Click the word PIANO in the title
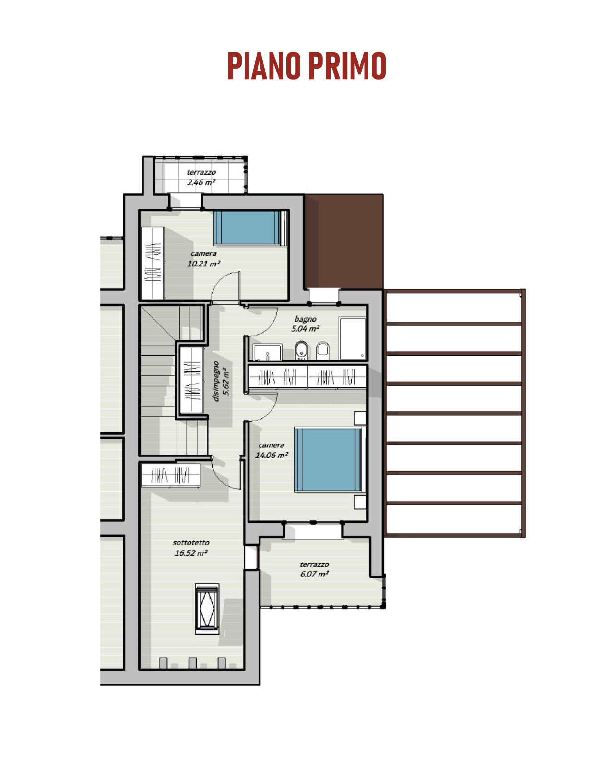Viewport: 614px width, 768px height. pyautogui.click(x=264, y=66)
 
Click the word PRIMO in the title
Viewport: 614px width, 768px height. pyautogui.click(x=347, y=66)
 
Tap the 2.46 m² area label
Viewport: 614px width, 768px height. pyautogui.click(x=201, y=182)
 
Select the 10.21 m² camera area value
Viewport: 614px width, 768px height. pyautogui.click(x=203, y=264)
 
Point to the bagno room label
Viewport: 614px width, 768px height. pyautogui.click(x=305, y=319)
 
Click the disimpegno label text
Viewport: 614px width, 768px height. pyautogui.click(x=215, y=381)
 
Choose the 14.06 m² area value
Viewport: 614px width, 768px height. pyautogui.click(x=272, y=455)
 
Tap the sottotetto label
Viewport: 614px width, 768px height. pyautogui.click(x=191, y=542)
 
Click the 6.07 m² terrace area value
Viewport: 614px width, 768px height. pyautogui.click(x=314, y=574)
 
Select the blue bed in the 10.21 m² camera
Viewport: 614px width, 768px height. pyautogui.click(x=250, y=228)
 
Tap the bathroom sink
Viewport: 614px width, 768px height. pyautogui.click(x=268, y=352)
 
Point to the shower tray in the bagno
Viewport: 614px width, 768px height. pyautogui.click(x=353, y=338)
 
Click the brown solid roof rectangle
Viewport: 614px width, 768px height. pyautogui.click(x=344, y=241)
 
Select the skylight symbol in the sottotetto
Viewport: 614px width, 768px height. pyautogui.click(x=207, y=609)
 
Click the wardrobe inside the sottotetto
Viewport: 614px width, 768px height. pyautogui.click(x=171, y=475)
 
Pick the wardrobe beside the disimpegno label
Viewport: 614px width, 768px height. pyautogui.click(x=191, y=380)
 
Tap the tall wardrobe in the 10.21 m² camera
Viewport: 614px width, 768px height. pyautogui.click(x=153, y=263)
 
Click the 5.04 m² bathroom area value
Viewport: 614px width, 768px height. pyautogui.click(x=305, y=329)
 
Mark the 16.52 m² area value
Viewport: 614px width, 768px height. pyautogui.click(x=191, y=553)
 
